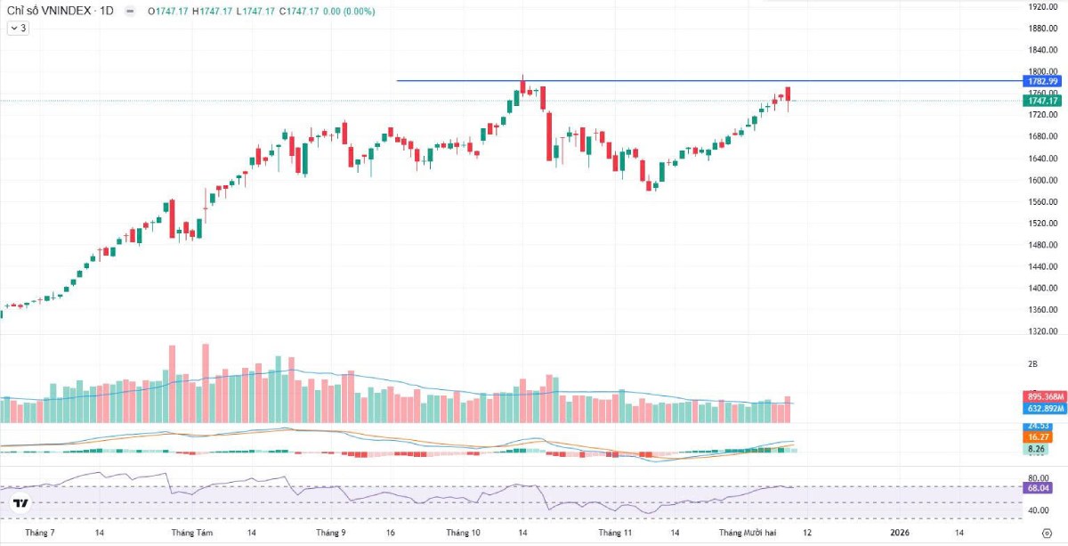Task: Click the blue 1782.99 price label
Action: click(x=1042, y=81)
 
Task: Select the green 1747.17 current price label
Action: click(x=1042, y=102)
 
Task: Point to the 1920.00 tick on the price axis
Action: click(x=1042, y=6)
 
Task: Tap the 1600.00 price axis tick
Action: click(x=1042, y=180)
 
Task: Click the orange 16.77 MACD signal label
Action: click(x=1039, y=437)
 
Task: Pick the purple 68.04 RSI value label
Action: click(x=1039, y=488)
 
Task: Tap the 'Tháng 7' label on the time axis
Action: click(x=40, y=533)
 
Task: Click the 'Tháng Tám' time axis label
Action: click(x=192, y=533)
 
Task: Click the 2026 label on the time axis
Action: click(x=900, y=533)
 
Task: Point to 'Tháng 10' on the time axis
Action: click(x=463, y=533)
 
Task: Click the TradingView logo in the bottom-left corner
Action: click(x=20, y=503)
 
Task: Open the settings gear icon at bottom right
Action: click(x=1047, y=533)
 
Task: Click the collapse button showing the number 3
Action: click(x=18, y=29)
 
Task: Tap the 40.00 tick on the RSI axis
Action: click(x=1039, y=510)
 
